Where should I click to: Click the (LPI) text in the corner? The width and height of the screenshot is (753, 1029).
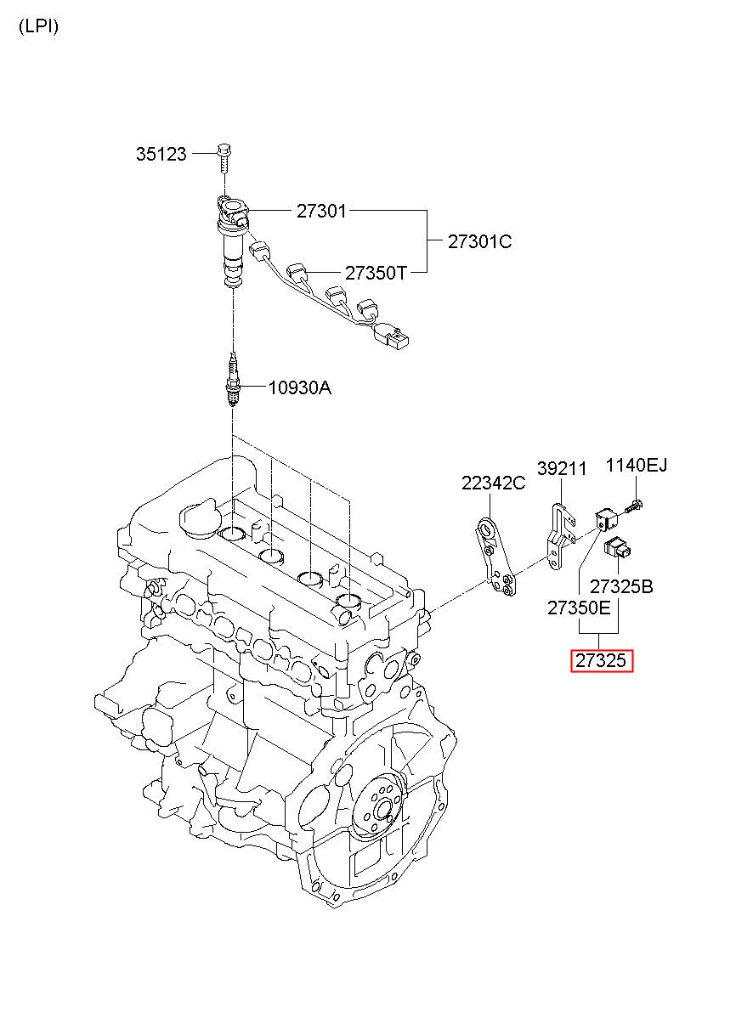tap(38, 26)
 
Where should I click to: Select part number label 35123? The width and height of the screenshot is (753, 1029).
tap(161, 154)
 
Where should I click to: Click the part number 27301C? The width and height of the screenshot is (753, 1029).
tap(479, 241)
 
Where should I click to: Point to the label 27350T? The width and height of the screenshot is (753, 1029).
tap(376, 273)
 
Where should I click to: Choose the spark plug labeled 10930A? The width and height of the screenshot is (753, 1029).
tap(233, 380)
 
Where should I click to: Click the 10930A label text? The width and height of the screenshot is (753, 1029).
tap(299, 387)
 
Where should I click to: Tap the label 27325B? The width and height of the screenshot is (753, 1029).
tap(621, 586)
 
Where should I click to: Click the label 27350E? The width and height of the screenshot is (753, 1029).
tap(579, 608)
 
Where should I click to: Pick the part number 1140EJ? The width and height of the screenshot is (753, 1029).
tap(637, 466)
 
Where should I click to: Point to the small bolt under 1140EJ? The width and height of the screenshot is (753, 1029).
tap(634, 506)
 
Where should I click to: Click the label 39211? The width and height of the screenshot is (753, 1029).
tap(562, 468)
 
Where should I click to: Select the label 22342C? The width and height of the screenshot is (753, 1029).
tap(493, 483)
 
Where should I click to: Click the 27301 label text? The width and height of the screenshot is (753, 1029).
tap(321, 211)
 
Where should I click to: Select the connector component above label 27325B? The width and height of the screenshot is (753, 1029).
tap(617, 547)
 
